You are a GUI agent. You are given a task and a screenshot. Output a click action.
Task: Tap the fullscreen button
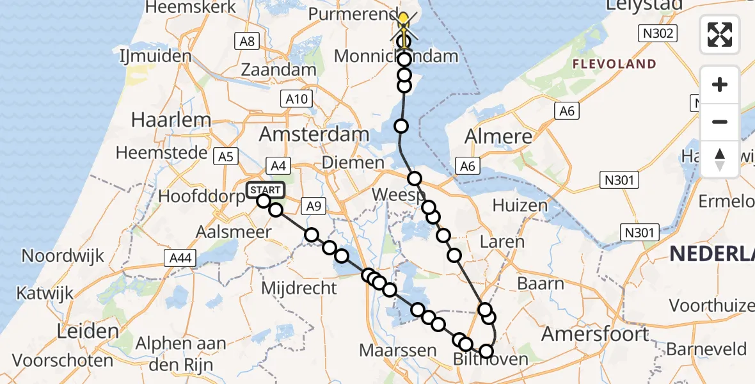720,35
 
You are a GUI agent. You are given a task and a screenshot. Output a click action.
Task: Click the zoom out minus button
720,122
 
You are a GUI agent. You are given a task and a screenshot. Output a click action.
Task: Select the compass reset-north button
720,159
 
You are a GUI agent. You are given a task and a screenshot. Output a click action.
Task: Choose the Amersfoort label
596,333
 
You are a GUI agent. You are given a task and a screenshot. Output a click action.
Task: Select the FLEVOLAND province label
614,64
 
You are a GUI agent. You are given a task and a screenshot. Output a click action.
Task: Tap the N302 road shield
658,33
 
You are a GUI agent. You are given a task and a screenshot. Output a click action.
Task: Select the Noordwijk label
63,256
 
